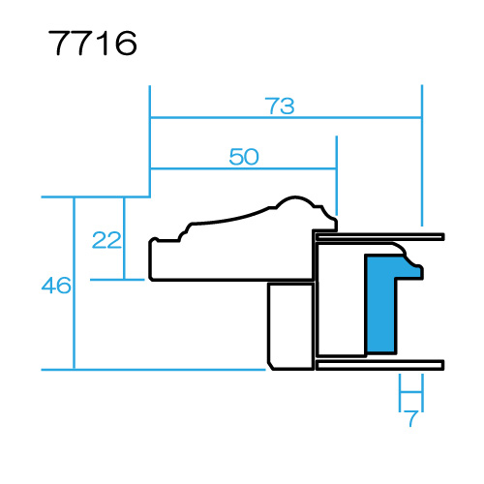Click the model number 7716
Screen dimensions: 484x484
[93, 43]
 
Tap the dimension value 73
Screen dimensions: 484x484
[280, 106]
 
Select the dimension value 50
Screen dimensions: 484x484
[244, 157]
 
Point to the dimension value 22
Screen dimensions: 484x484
[106, 240]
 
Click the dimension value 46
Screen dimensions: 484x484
[56, 286]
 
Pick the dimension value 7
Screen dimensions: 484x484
[411, 418]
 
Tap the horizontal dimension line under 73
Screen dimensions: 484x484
[286, 118]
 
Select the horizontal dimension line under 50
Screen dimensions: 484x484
[244, 168]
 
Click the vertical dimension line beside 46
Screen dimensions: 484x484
[75, 283]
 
